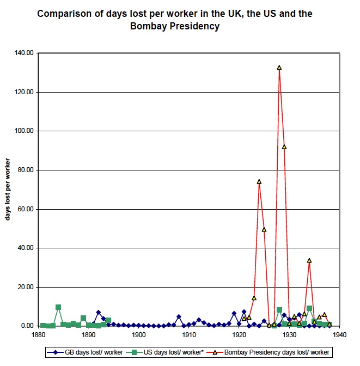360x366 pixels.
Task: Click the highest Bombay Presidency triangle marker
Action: pos(279,68)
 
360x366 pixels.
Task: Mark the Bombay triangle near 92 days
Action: pos(284,147)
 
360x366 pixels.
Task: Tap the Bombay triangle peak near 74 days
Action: pos(259,182)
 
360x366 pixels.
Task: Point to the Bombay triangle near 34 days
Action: pos(309,260)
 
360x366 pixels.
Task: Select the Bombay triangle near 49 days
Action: pos(264,230)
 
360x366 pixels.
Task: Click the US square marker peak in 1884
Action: pos(58,307)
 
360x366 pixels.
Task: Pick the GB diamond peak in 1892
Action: pos(98,313)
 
